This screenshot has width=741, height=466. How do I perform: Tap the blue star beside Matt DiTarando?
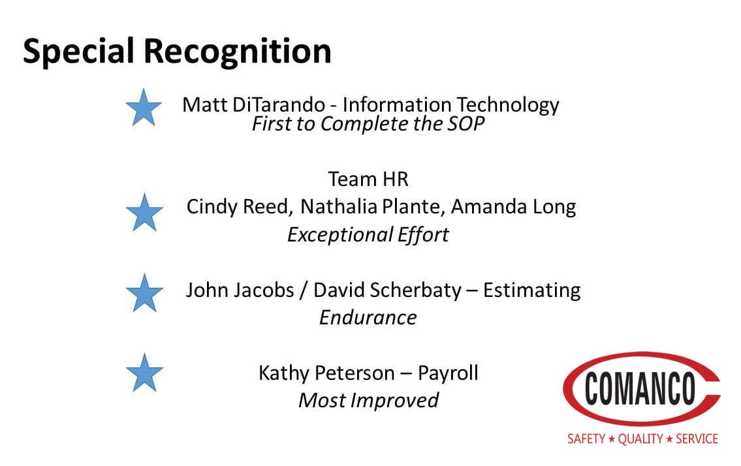click(x=144, y=108)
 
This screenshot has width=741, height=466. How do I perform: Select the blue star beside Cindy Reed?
click(x=144, y=212)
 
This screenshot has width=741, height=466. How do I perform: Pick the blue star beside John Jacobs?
click(x=144, y=293)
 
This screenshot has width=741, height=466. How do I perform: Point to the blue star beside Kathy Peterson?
click(x=144, y=373)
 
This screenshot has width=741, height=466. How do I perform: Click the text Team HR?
click(x=368, y=179)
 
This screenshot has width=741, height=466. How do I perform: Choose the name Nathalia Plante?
click(x=373, y=207)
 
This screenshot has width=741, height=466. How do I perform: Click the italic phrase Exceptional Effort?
click(x=368, y=235)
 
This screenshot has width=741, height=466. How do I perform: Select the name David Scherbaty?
click(x=388, y=290)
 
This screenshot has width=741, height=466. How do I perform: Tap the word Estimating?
click(x=531, y=290)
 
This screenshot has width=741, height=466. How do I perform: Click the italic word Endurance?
click(x=368, y=318)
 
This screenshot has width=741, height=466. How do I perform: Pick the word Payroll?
click(x=448, y=373)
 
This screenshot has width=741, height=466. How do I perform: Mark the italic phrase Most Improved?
click(x=368, y=401)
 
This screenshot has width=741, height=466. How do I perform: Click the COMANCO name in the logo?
click(x=640, y=388)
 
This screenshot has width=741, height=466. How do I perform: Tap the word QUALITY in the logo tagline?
click(x=640, y=439)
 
